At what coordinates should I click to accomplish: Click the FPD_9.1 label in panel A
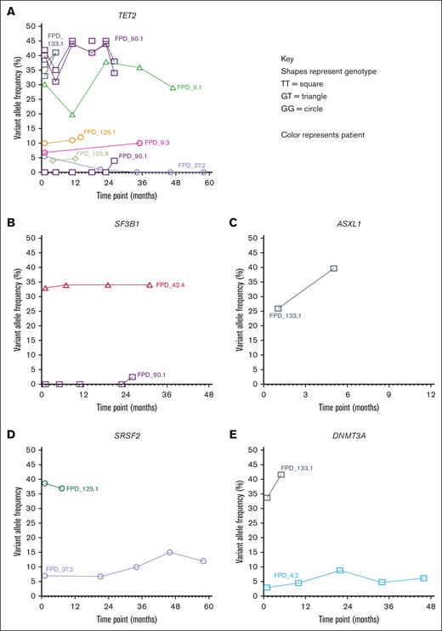tap(190, 87)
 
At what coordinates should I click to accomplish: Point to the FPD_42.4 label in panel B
tap(171, 285)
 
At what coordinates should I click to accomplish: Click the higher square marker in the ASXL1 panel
tap(333, 268)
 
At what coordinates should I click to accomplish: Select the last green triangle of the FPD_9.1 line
tap(173, 87)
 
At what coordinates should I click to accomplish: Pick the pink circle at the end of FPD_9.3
tap(139, 143)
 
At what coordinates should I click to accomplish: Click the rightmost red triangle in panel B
tap(150, 285)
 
